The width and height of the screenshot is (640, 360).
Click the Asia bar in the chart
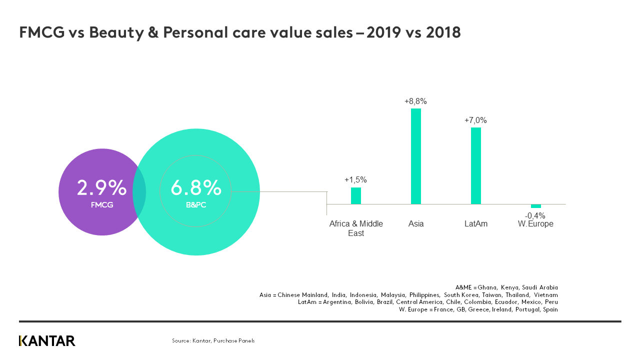coord(416,156)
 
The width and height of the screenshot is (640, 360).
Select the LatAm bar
coord(476,165)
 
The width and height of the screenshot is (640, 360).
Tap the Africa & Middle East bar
coord(356,195)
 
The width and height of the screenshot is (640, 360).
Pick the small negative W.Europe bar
coord(536,206)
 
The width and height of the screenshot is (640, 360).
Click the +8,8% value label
coord(416,101)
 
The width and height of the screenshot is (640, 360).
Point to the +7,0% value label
coord(475,120)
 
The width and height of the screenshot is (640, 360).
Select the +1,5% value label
coord(355,180)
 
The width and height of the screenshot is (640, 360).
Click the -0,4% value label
coord(535,215)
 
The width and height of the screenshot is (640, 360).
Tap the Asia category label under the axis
coord(416,224)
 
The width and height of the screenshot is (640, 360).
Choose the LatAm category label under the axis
coord(476,224)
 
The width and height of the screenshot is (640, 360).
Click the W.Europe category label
coord(536,224)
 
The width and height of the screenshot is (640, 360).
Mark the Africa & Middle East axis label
coord(356,228)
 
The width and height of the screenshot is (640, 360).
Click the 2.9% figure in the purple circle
coord(101,187)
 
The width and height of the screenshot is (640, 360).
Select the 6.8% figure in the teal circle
coord(195,187)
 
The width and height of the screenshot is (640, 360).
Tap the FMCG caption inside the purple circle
coord(102,204)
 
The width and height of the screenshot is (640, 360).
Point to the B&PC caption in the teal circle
coord(196,204)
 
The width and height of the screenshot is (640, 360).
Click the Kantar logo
coord(47,341)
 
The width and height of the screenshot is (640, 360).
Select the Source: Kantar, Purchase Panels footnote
coord(213,341)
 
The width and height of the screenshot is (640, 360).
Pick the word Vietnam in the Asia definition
coord(545,295)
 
